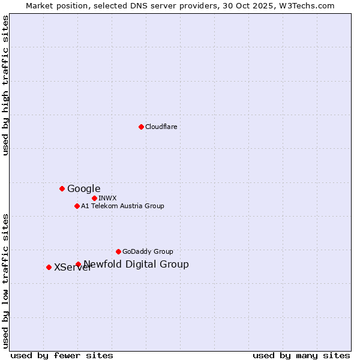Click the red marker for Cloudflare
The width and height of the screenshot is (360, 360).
coord(141,127)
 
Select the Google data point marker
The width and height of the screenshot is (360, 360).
coord(62,188)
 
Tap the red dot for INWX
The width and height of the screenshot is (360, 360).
coord(94,198)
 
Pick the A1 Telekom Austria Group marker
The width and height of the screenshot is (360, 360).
coord(77,206)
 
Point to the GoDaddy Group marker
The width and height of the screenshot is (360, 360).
coord(118,251)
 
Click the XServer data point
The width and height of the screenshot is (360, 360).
coord(49,267)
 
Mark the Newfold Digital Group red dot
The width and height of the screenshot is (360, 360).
coord(78,264)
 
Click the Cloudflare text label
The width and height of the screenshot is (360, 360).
coord(161,127)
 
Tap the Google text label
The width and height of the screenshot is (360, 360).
coord(83,188)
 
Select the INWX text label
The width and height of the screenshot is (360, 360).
coord(107,198)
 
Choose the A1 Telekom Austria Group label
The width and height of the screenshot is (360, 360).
coord(122,206)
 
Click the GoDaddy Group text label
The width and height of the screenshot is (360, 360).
coord(148,251)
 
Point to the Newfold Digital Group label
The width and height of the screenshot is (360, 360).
coord(136,264)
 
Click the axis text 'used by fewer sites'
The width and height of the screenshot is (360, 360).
coord(62,355)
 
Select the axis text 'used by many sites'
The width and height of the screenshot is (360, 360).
coord(301,355)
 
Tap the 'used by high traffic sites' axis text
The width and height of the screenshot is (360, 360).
coord(5,85)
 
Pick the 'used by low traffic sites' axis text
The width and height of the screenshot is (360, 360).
coord(5,281)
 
